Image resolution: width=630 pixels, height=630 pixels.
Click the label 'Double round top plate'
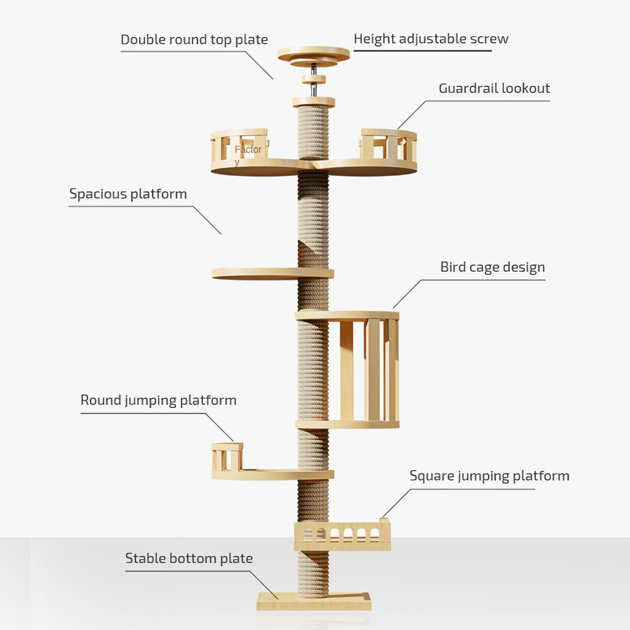tap(194, 40)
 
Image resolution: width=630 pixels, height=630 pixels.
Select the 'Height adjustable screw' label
tap(431, 39)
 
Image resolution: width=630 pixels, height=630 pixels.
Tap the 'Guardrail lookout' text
tap(494, 88)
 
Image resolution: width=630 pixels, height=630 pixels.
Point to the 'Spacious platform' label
tap(128, 194)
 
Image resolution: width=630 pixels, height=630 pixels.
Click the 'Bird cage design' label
tap(492, 267)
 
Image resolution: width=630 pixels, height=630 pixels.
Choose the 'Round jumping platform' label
tap(158, 400)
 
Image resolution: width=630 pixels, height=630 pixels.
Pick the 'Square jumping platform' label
tap(489, 476)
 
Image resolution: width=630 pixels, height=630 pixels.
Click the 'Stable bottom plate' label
tap(189, 559)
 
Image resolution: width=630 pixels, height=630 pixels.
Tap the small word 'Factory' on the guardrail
tap(247, 151)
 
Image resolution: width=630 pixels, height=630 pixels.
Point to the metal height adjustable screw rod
tap(314, 90)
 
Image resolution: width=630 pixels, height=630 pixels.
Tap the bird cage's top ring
tap(348, 316)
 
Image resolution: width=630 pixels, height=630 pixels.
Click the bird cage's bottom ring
tap(348, 424)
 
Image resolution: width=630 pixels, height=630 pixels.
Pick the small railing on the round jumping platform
tap(226, 457)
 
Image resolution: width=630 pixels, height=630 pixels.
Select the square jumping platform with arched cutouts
tap(342, 536)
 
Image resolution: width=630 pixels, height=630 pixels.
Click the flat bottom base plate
tap(314, 602)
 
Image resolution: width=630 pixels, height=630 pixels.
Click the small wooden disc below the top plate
tap(314, 79)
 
